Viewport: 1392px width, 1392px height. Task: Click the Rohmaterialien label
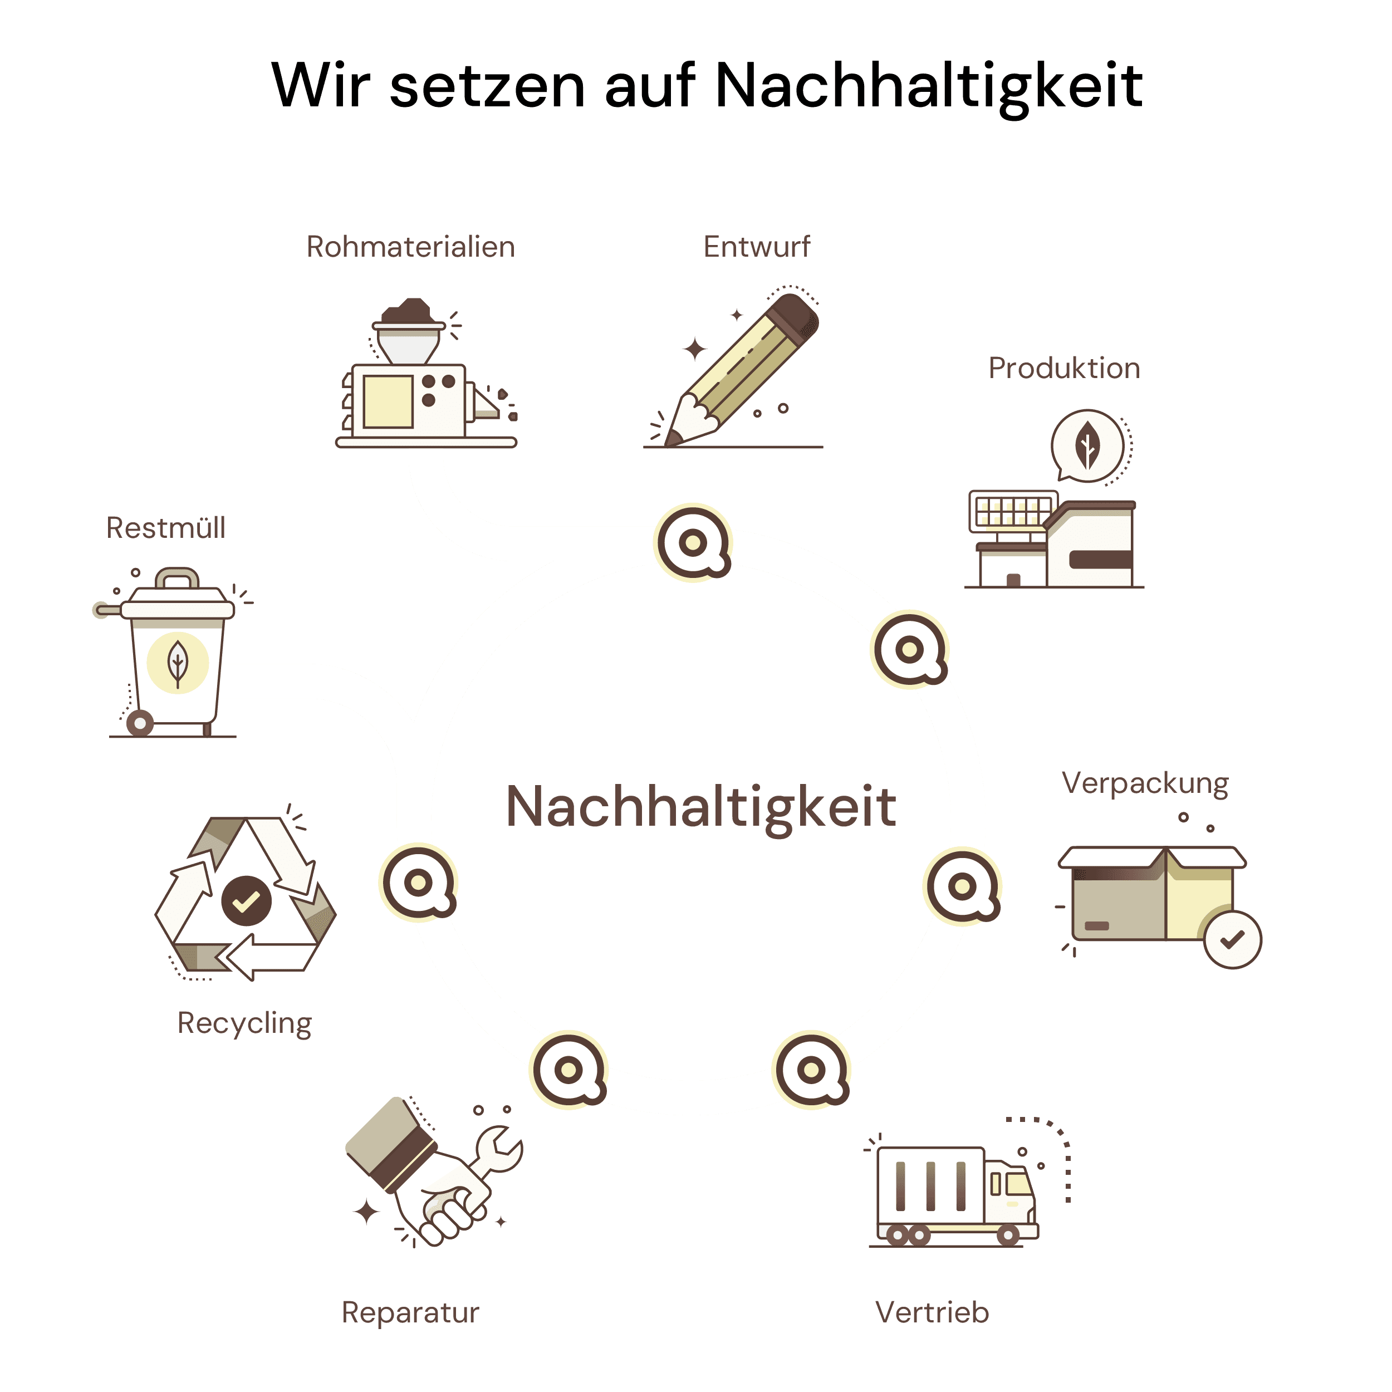point(411,247)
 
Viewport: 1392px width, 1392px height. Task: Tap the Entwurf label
point(757,247)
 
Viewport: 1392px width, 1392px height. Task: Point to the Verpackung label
point(1145,783)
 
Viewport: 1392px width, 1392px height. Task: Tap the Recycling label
point(245,1023)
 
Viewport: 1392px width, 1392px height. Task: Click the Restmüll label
point(166,528)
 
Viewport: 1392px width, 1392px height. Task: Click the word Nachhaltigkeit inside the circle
point(701,806)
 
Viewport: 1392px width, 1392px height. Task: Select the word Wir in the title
point(321,86)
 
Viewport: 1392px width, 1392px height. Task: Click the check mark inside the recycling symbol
point(246,900)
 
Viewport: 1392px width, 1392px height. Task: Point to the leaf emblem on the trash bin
point(177,662)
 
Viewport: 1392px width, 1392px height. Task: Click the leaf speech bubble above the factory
point(1086,446)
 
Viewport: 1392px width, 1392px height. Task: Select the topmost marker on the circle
point(693,542)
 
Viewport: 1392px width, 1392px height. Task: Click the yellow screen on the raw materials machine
point(388,401)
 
